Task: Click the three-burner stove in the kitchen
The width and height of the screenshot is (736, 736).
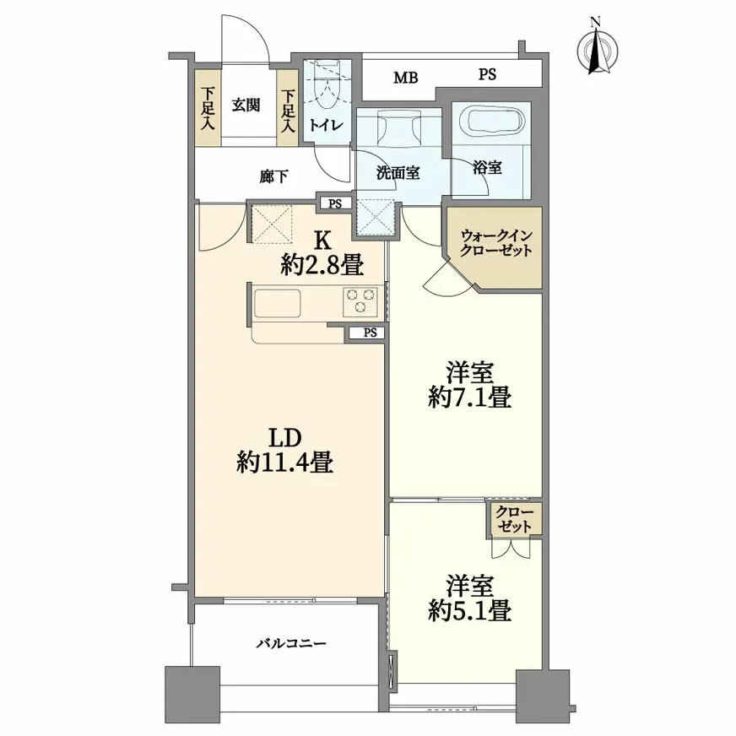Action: click(x=360, y=300)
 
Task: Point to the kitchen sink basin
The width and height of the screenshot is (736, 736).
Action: click(x=277, y=304)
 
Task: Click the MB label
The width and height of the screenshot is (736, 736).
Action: click(x=405, y=78)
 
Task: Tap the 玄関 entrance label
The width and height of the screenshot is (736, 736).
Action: click(x=246, y=105)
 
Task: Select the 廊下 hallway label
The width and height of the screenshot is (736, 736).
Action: click(x=273, y=176)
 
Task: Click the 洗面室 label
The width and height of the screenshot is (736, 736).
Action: click(x=398, y=173)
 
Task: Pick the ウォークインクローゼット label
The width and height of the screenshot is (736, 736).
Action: click(x=495, y=243)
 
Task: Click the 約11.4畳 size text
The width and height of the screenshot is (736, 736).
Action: click(x=285, y=462)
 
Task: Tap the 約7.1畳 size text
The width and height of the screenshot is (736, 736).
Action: click(x=470, y=398)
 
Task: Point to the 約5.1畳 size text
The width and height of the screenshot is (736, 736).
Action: click(x=470, y=611)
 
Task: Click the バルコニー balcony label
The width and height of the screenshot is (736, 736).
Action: click(x=291, y=643)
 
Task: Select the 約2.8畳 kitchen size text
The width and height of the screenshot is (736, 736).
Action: click(x=322, y=266)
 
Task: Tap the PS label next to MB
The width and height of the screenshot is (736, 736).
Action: click(x=487, y=74)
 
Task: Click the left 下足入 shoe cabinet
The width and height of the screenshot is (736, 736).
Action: click(x=208, y=108)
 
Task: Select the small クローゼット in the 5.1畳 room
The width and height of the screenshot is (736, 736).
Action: click(x=515, y=519)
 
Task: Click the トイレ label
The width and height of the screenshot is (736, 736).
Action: click(x=327, y=125)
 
